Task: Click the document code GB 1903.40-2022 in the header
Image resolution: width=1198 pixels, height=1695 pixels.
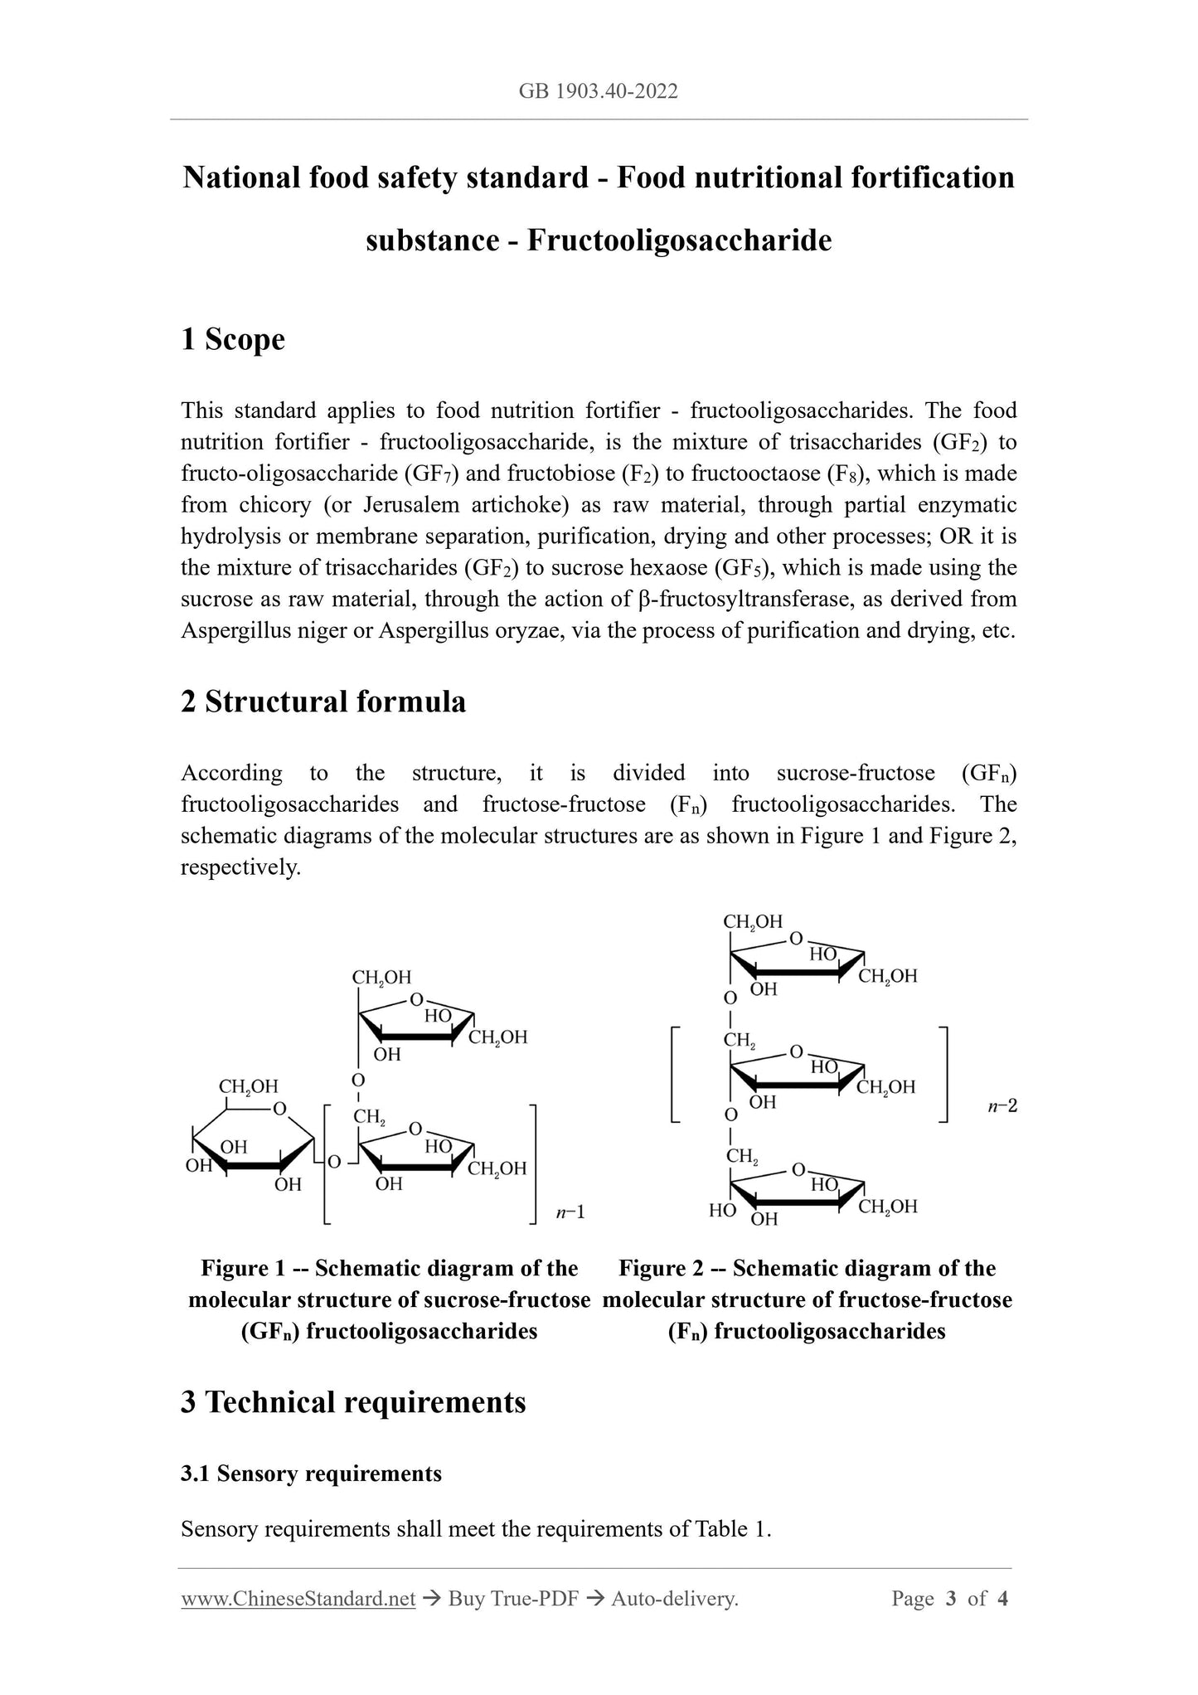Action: coord(598,91)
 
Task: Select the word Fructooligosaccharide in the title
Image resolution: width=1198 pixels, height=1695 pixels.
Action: coord(679,240)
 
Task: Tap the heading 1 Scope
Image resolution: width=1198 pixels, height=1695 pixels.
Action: coord(233,339)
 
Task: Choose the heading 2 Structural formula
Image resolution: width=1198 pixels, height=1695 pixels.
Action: coord(323,702)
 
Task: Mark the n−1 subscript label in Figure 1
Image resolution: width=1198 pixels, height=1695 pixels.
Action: coord(570,1212)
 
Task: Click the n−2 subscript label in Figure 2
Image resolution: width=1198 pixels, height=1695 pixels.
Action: coord(1002,1106)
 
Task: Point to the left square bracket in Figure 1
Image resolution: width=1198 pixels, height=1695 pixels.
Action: coord(327,1163)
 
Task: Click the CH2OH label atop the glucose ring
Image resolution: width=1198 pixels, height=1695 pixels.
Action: coord(248,1086)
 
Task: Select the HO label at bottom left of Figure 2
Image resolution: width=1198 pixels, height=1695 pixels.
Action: coord(722,1210)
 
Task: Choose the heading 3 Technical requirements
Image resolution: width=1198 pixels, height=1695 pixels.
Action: coord(353,1401)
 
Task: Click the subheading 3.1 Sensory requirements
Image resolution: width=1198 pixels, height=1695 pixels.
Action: coord(311,1473)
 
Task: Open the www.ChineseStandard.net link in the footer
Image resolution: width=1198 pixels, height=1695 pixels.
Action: coord(298,1598)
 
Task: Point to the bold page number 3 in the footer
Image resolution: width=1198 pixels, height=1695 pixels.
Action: coord(951,1598)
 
